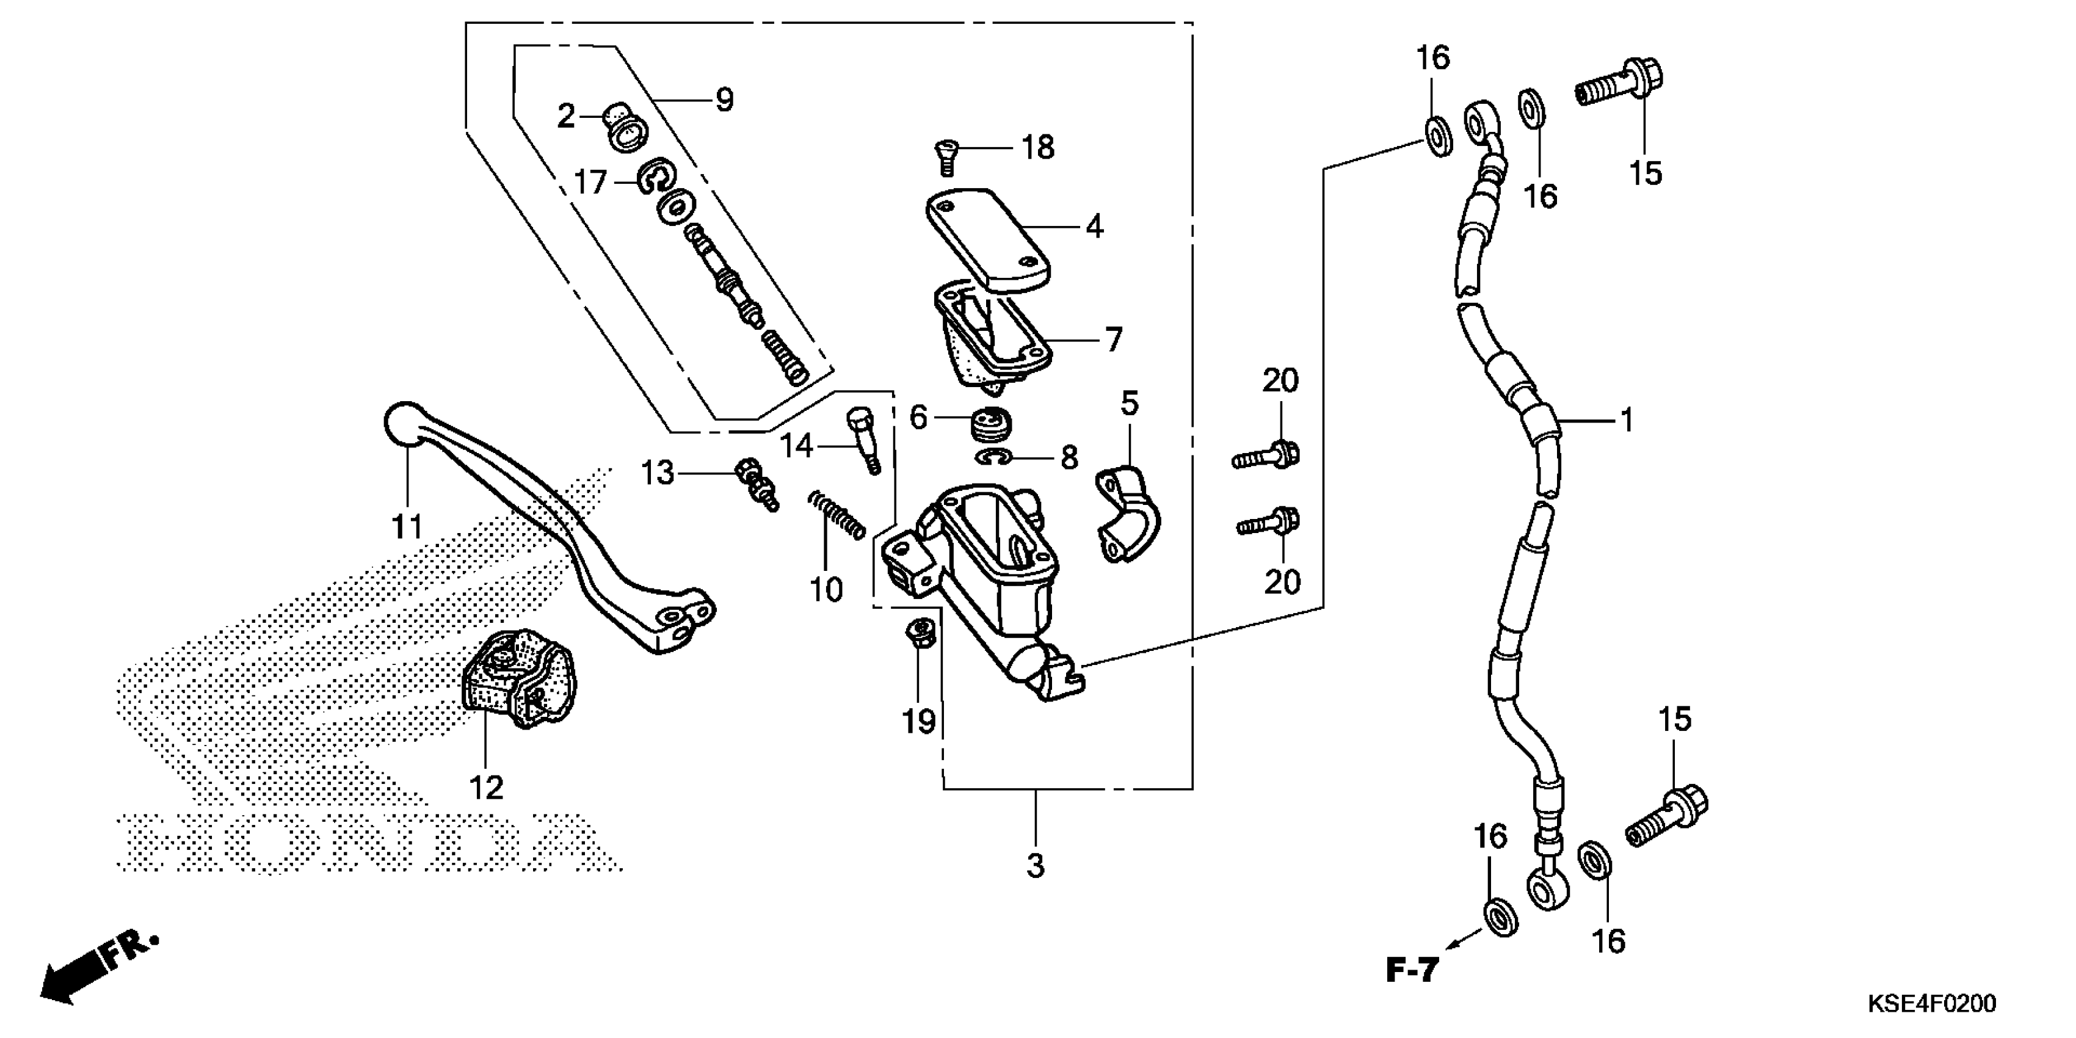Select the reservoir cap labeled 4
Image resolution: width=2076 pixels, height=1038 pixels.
point(987,239)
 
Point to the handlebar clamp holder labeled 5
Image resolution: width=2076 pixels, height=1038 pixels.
point(1128,514)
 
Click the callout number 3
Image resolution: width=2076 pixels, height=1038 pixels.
point(1036,866)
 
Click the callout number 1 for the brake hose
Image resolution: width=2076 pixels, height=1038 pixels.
point(1627,420)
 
